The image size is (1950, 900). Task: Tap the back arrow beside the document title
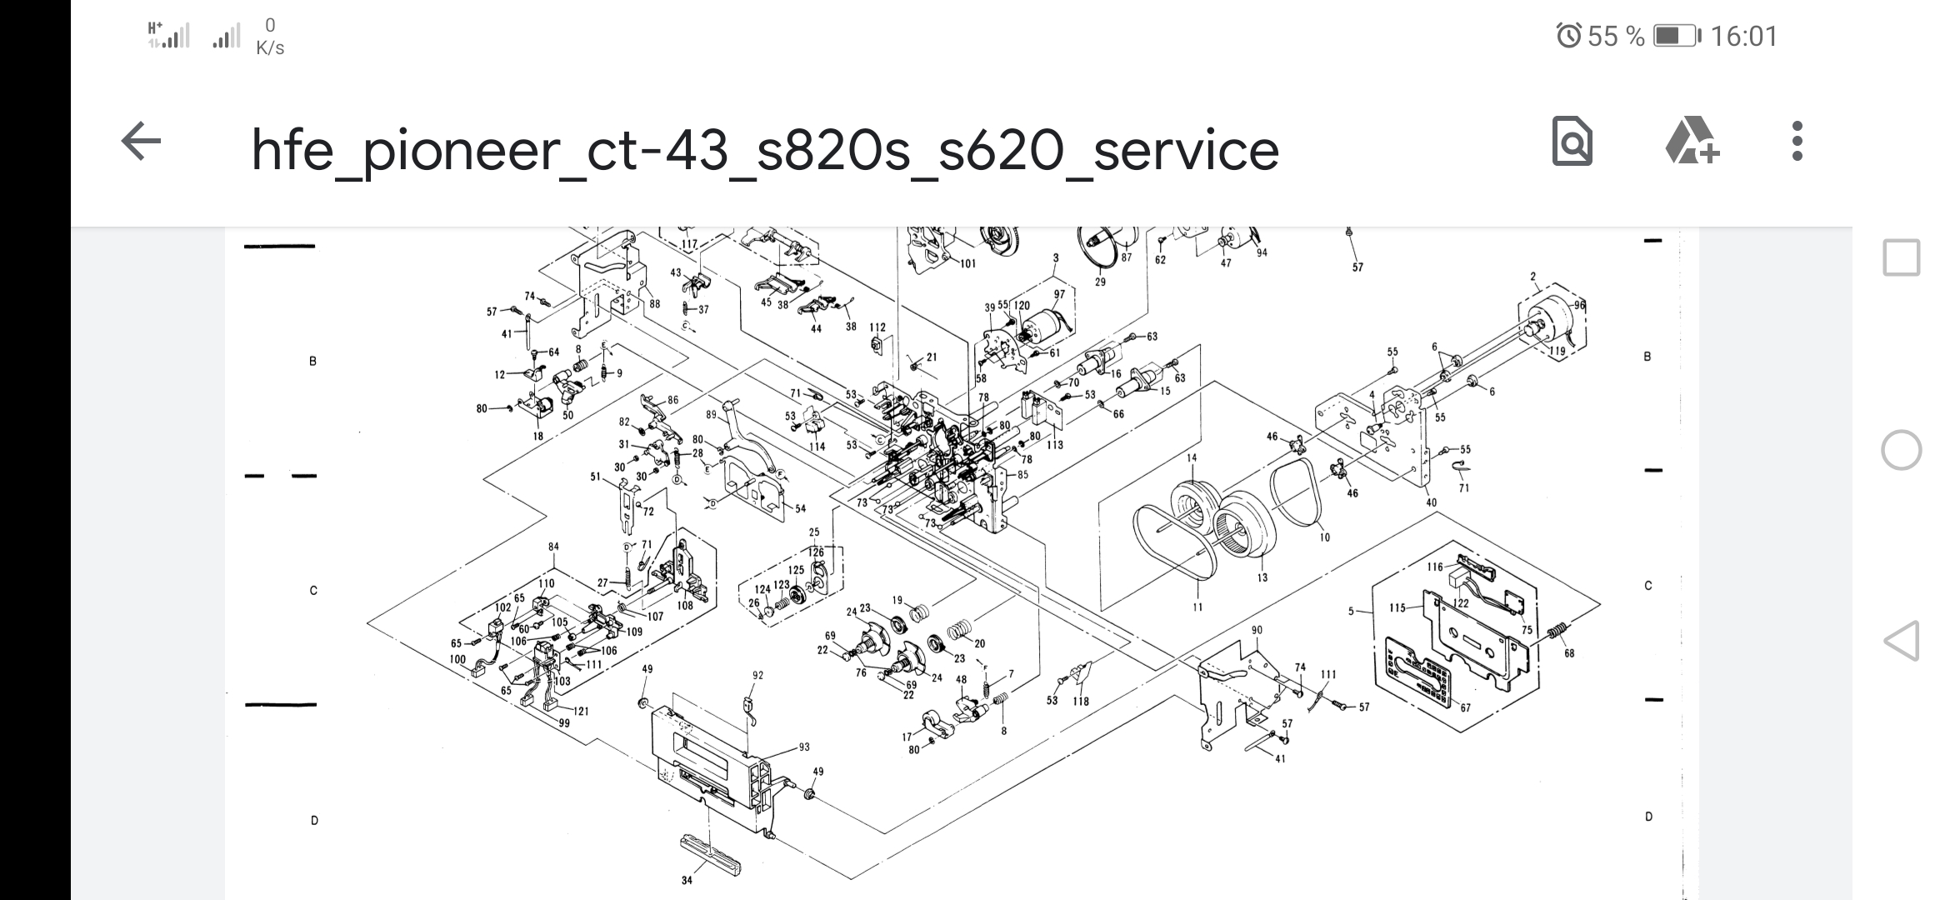coord(141,142)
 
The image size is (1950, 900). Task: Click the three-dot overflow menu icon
coord(1797,142)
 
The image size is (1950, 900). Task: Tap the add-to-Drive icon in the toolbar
coord(1692,142)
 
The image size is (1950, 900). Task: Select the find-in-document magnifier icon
coord(1572,142)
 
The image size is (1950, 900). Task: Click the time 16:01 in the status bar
coord(1744,37)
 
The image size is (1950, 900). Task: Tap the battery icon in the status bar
coord(1675,37)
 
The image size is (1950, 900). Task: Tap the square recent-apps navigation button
coord(1901,257)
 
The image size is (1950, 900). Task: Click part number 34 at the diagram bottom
coord(687,880)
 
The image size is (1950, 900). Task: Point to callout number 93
coord(803,747)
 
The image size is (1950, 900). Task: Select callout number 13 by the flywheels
coord(1262,577)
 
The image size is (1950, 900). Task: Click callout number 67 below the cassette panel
coord(1465,707)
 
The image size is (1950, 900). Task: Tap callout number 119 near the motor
coord(1557,351)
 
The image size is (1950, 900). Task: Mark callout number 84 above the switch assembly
coord(553,547)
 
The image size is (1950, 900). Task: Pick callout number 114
coord(817,447)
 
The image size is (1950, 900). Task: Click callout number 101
coord(967,264)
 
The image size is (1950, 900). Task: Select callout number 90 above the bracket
coord(1257,630)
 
